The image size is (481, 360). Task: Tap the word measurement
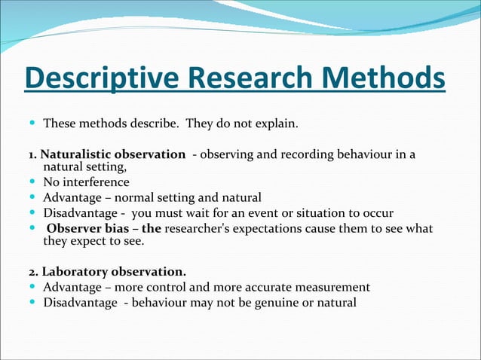pos(332,288)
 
